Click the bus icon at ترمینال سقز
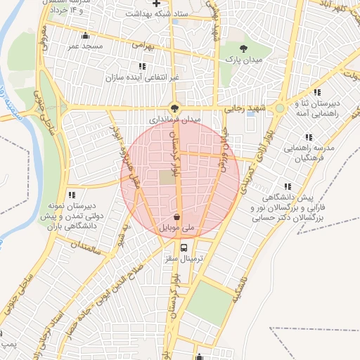184,247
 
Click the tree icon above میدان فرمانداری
174,108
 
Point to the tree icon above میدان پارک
243,48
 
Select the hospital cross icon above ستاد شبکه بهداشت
156,4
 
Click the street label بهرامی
141,44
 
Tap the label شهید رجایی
243,109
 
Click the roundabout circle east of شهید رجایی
281,108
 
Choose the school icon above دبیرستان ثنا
318,92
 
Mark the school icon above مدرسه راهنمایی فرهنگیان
308,137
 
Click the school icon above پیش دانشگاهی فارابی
288,186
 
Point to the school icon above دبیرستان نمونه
71,195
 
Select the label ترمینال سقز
184,259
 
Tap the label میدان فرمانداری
176,120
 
